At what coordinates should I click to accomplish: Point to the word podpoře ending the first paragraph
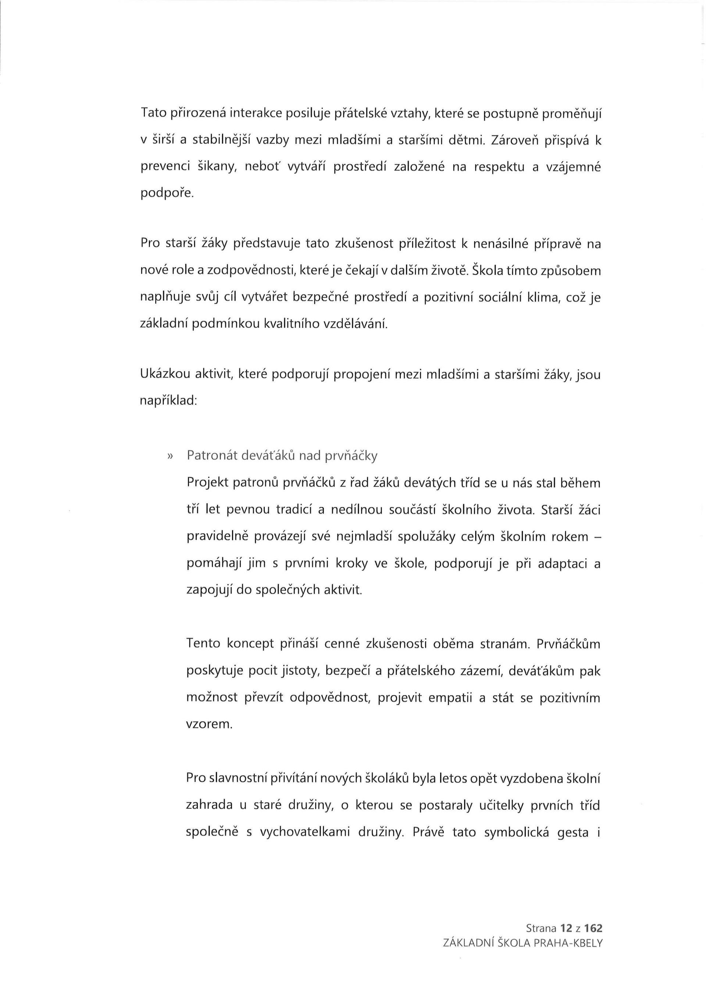[x=165, y=194]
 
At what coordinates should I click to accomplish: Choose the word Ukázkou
[x=165, y=375]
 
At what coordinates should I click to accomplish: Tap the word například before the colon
[x=167, y=401]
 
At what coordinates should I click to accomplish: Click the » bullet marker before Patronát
[x=170, y=456]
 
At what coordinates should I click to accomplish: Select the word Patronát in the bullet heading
[x=211, y=456]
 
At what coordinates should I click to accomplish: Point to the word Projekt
[x=210, y=483]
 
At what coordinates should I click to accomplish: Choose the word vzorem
[x=208, y=725]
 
